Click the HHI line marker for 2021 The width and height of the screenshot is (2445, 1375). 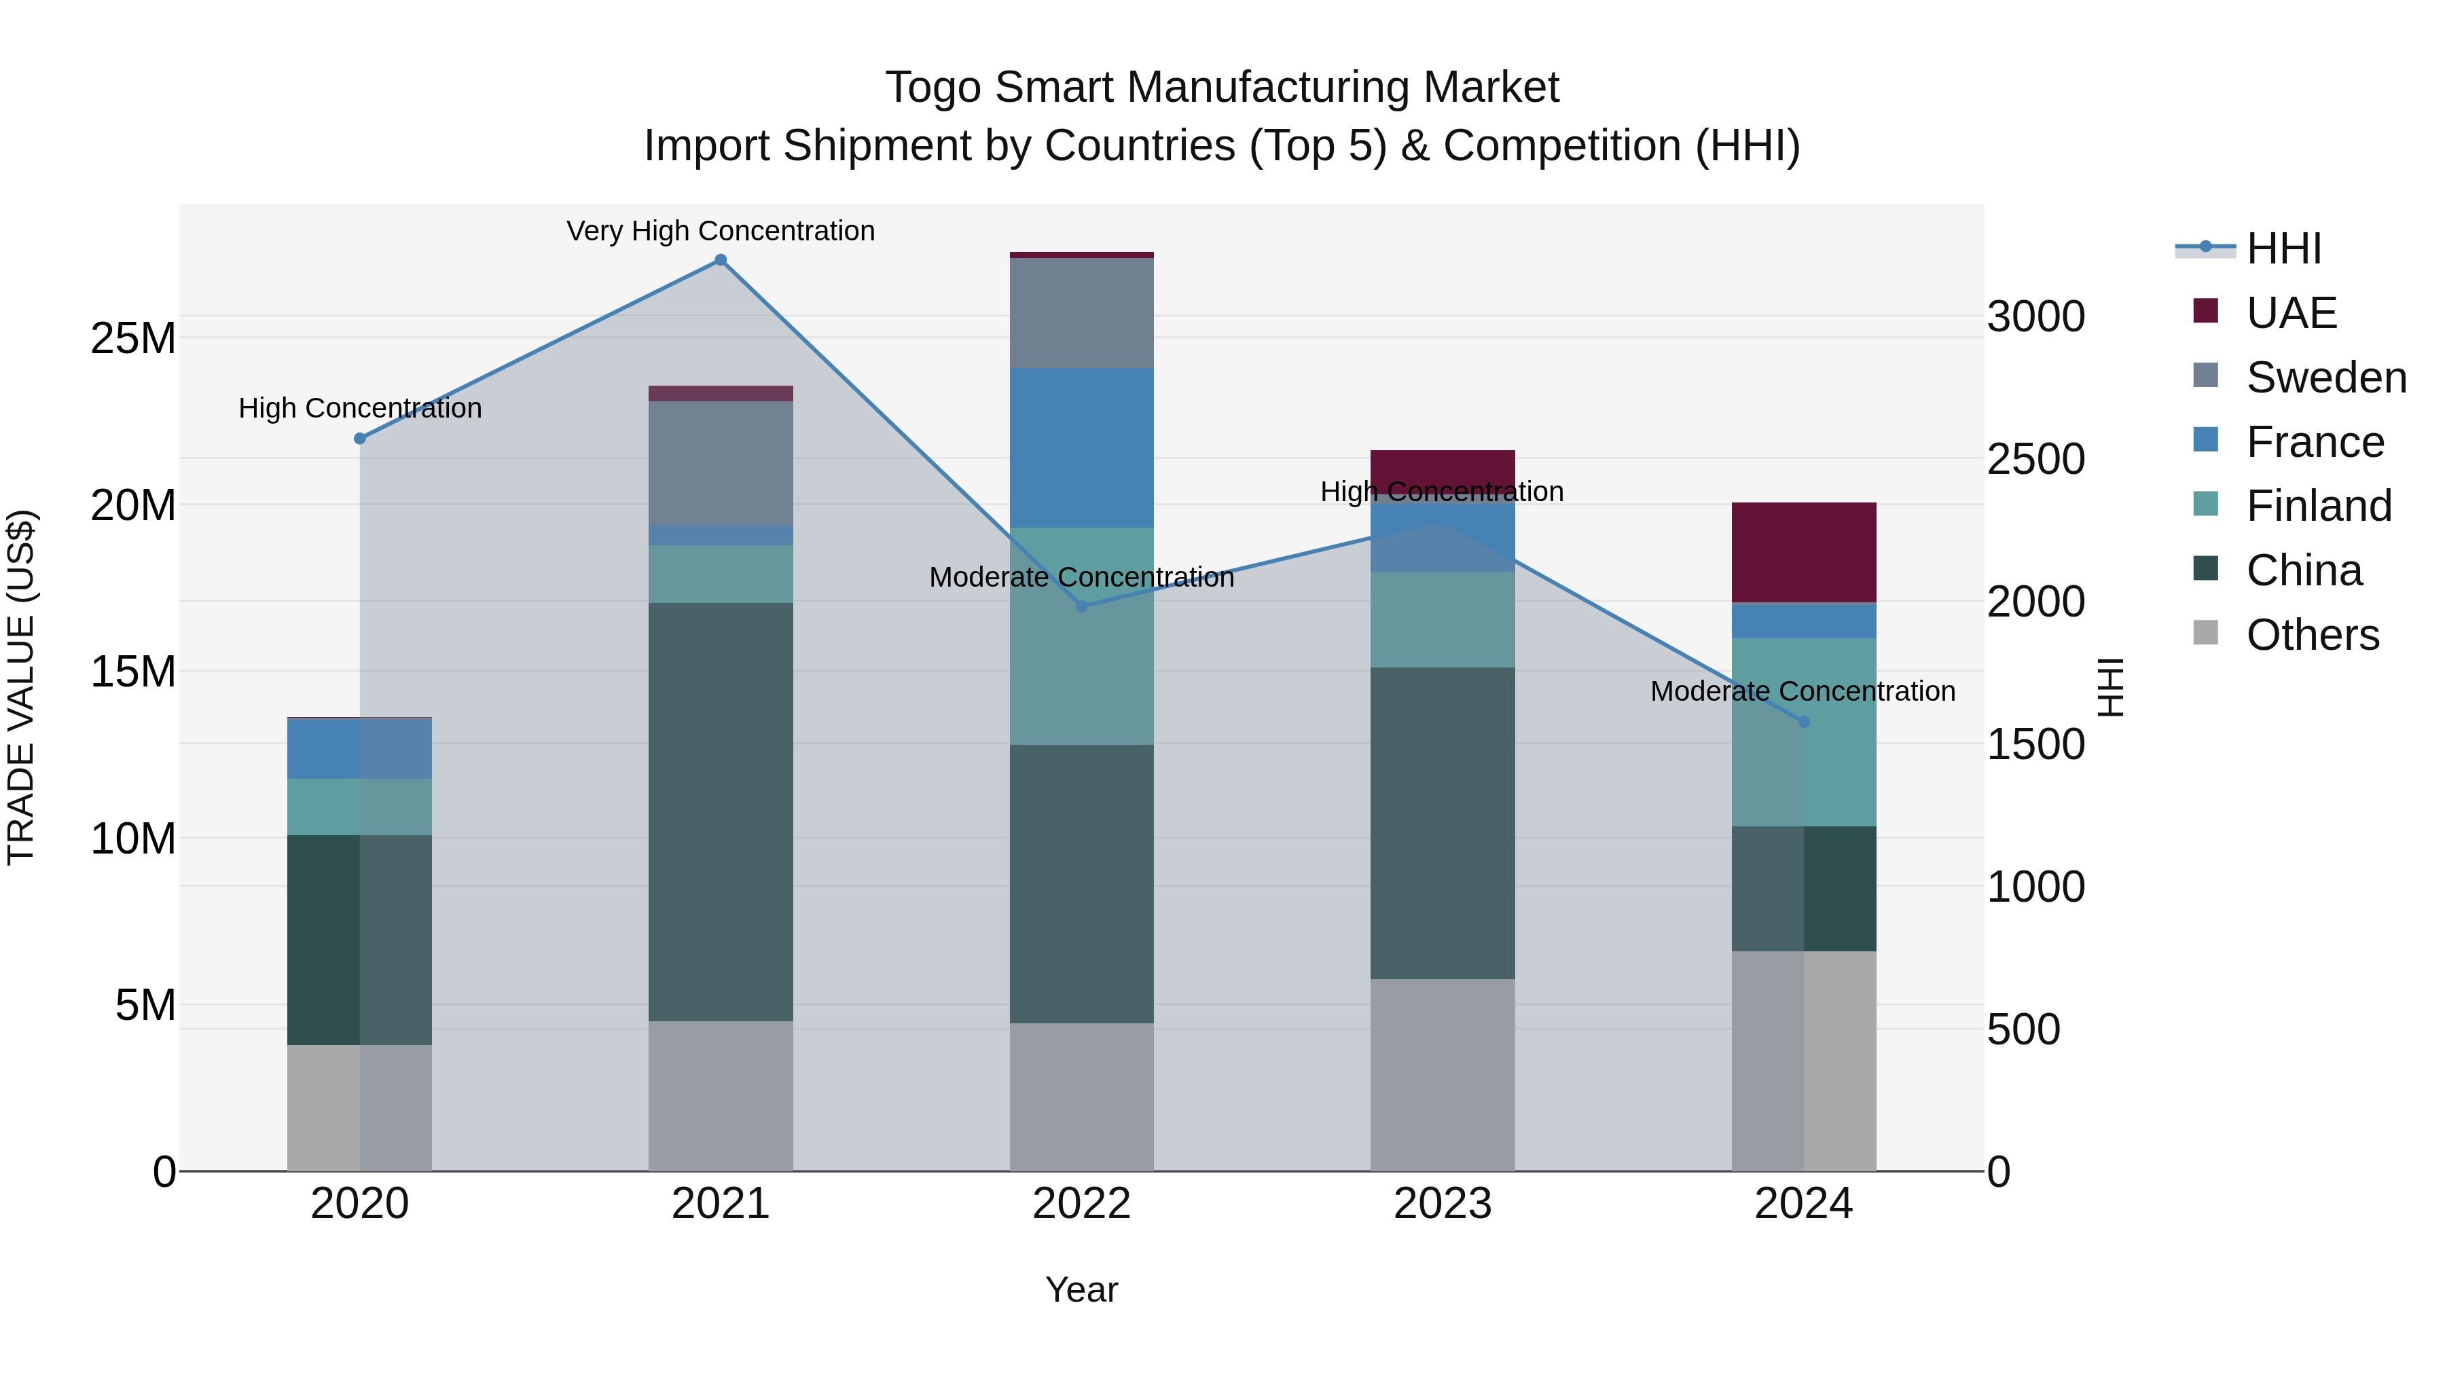[721, 260]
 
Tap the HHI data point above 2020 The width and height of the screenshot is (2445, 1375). [360, 439]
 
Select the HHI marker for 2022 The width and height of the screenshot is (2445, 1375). [1081, 606]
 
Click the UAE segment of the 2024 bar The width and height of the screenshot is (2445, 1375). [1805, 552]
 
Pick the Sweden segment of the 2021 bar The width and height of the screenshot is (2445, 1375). [721, 463]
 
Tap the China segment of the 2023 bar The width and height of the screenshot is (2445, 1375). [1443, 823]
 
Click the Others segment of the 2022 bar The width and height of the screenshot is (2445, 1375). [1081, 1097]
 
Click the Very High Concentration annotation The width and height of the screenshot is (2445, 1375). [721, 231]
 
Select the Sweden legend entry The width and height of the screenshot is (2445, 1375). [2325, 378]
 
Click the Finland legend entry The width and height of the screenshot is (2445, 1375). [2318, 506]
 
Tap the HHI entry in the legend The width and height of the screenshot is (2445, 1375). [2283, 249]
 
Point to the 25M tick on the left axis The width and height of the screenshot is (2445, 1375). [133, 339]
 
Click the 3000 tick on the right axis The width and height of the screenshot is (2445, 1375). [2036, 317]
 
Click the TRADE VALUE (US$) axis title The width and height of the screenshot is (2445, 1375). [21, 687]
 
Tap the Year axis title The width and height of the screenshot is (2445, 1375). [1081, 1289]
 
